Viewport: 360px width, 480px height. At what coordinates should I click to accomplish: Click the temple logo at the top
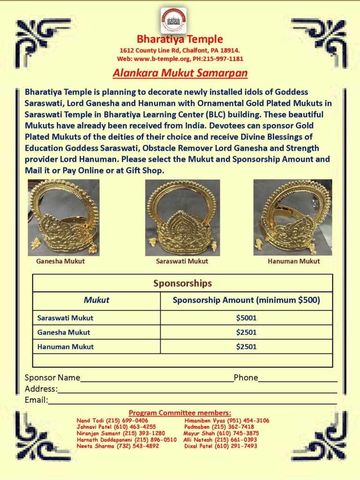pos(173,20)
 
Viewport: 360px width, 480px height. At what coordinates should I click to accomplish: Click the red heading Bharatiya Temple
pos(180,39)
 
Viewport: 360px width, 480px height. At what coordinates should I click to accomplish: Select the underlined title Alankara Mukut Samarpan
pos(180,74)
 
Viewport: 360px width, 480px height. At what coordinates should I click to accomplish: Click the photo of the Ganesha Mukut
pos(64,217)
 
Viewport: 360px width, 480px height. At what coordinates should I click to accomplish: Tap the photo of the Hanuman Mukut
pos(293,217)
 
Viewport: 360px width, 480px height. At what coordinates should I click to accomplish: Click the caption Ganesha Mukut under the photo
pos(60,261)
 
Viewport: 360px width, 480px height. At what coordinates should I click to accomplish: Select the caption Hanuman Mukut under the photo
pos(294,261)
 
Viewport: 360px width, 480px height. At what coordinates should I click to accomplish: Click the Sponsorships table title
pos(182,284)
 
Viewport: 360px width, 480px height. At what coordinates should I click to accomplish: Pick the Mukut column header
pos(97,300)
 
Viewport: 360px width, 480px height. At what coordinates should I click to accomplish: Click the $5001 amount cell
pos(246,318)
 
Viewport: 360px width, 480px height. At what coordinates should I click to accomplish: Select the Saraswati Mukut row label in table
pos(65,318)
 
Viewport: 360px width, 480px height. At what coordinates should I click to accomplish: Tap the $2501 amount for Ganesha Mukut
pos(246,332)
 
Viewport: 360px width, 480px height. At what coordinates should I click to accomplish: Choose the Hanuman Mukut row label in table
pos(65,347)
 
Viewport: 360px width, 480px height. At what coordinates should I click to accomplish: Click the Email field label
pos(36,400)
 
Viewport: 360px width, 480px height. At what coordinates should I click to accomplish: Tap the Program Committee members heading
pos(180,413)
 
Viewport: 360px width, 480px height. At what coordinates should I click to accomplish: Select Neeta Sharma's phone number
pos(140,446)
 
